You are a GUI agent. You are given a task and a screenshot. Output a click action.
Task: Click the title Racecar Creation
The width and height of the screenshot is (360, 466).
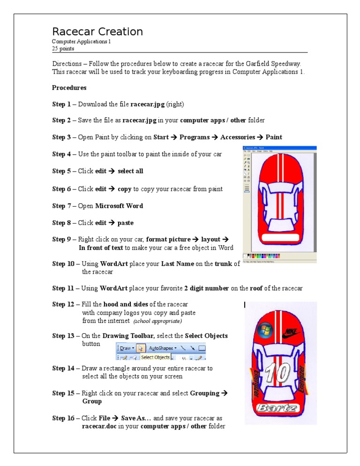coord(97,32)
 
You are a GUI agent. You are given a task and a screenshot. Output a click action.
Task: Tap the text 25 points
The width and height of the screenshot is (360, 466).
coord(63,48)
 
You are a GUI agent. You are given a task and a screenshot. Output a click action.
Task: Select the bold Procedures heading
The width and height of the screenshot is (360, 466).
coord(69,88)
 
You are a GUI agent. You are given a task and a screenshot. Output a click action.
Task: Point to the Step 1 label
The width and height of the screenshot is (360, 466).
coord(61,104)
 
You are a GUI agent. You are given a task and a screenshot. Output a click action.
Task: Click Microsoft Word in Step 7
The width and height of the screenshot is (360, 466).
coord(119,206)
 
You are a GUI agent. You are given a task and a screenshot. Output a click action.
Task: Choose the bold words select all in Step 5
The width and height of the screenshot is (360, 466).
coord(130,171)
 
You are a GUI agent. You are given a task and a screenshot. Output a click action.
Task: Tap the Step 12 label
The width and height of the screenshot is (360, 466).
coord(63,304)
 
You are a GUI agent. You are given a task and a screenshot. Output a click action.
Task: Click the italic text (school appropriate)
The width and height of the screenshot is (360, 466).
coord(157,322)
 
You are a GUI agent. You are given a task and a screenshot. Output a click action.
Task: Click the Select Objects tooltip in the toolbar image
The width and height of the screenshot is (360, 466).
coord(155,357)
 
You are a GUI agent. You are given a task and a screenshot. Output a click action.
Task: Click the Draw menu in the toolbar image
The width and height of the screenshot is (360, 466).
coord(126,348)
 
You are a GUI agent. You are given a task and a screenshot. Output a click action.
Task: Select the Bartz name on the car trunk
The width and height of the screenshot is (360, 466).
coord(277,408)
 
